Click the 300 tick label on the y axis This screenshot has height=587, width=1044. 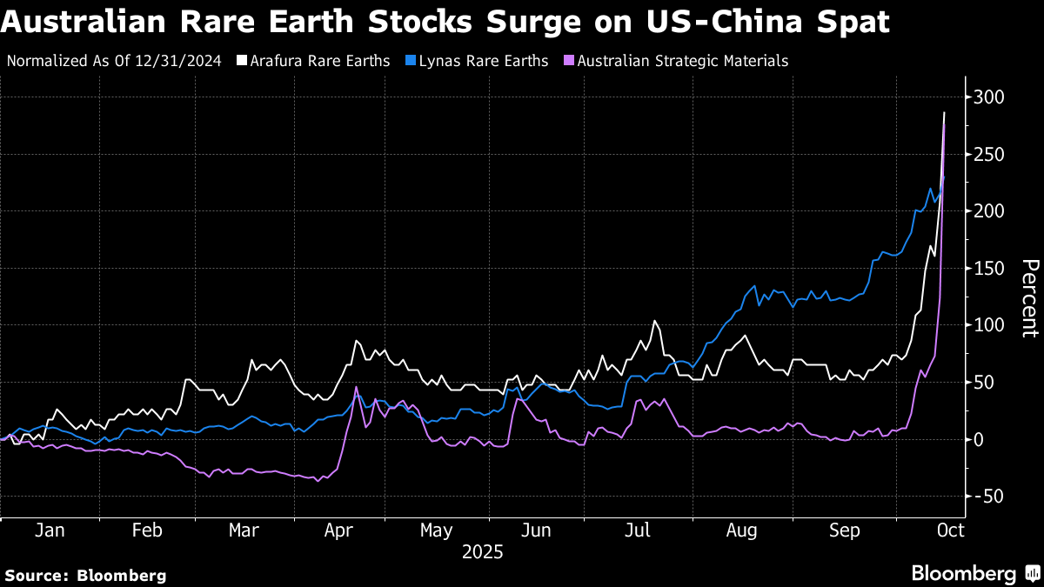(x=988, y=97)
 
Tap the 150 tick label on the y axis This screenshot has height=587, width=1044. (x=988, y=269)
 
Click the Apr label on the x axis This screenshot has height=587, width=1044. (x=338, y=530)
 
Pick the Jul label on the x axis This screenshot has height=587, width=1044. (x=638, y=530)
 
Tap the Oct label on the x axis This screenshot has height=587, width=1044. (x=950, y=530)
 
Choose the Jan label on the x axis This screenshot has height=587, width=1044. (x=50, y=530)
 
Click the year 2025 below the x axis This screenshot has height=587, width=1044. (x=482, y=552)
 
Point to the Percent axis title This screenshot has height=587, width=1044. (x=1030, y=298)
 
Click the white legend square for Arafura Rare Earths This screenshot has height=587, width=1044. (x=242, y=61)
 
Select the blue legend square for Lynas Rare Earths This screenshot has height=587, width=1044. (x=411, y=61)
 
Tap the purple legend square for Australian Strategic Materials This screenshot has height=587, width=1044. (x=569, y=61)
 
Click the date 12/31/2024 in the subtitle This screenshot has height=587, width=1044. (x=178, y=61)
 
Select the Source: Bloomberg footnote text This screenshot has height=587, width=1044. (x=85, y=576)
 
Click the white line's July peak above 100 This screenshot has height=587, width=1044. (x=654, y=321)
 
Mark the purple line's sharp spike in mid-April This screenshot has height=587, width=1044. (x=356, y=387)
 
